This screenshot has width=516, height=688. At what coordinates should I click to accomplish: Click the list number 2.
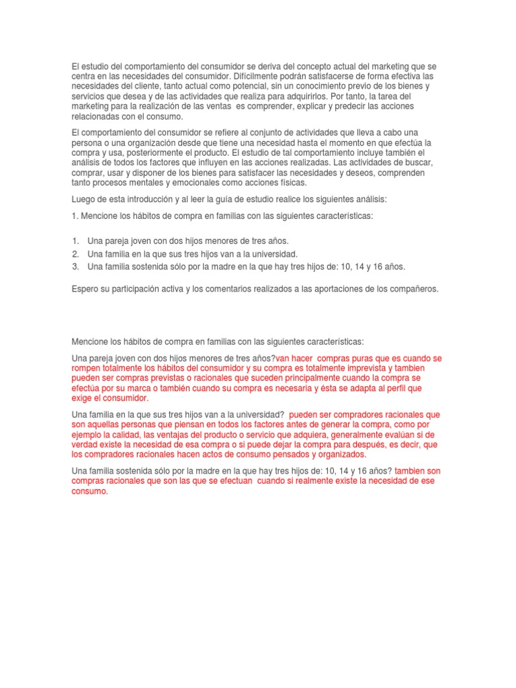[75, 253]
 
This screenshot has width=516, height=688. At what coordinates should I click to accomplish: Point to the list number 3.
[75, 266]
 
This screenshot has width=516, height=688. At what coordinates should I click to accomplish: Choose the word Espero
[86, 288]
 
